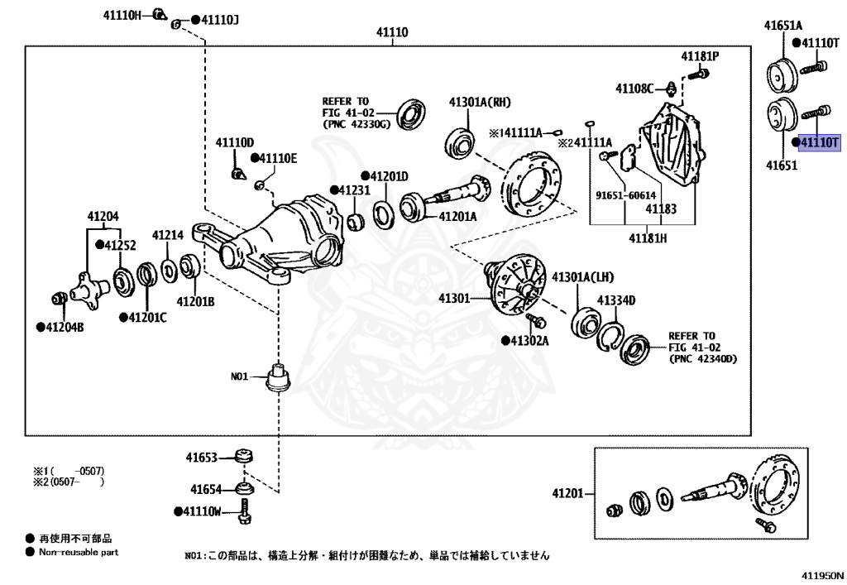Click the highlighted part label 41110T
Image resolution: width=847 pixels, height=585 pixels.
tap(820, 142)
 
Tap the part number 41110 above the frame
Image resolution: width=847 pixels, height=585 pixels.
tap(392, 32)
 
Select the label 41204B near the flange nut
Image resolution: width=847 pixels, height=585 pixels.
tap(65, 328)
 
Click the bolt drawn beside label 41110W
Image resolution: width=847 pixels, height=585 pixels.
tap(244, 511)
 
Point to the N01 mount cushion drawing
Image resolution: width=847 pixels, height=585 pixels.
tap(279, 376)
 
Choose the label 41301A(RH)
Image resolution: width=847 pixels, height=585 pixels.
tap(480, 103)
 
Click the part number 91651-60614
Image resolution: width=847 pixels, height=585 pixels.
tap(625, 195)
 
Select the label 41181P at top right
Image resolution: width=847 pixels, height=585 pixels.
tap(700, 56)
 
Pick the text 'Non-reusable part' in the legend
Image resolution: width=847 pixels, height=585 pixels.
tap(79, 552)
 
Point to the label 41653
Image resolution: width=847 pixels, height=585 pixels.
tap(202, 458)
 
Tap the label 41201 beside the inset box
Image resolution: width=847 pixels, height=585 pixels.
tap(567, 493)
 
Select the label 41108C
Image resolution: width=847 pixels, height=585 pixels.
tap(634, 88)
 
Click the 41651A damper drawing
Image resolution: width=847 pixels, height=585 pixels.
tap(782, 74)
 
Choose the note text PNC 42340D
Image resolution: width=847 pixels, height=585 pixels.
tap(703, 358)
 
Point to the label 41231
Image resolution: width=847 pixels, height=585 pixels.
tap(354, 190)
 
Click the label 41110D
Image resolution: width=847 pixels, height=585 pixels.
tap(234, 142)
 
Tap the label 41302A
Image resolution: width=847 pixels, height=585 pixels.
tap(529, 341)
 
